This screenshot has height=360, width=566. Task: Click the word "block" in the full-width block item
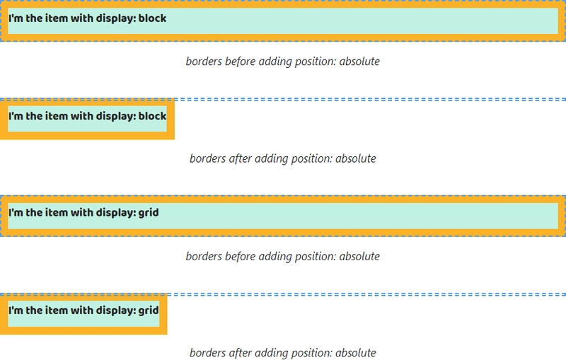152,18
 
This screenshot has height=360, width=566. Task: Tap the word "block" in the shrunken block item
152,116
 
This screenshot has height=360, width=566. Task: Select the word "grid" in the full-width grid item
149,213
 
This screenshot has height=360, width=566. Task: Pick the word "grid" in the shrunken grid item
149,310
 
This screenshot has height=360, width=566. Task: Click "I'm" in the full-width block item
16,18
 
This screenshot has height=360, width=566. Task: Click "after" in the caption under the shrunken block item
241,158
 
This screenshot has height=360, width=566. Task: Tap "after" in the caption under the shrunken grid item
241,352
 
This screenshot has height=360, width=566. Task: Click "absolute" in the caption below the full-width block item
359,62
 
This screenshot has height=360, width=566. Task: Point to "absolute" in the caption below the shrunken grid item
356,352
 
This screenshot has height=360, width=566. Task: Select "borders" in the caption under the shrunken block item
208,158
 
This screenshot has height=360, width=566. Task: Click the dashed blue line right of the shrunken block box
370,99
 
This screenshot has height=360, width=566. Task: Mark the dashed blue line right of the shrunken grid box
366,294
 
